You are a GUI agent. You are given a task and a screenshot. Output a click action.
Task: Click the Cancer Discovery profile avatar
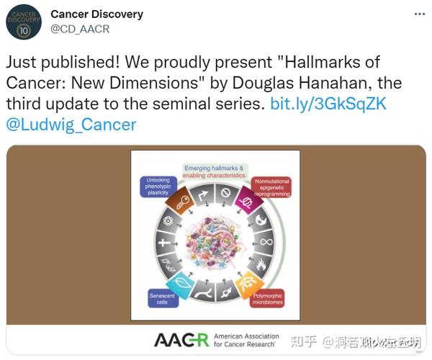[24, 22]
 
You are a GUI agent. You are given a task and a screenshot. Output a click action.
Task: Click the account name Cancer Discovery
[96, 14]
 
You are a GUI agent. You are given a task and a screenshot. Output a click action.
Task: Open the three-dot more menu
[419, 14]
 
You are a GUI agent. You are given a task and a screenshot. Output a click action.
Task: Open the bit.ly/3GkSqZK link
[328, 104]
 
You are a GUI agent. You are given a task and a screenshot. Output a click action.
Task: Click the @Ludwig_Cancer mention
[71, 125]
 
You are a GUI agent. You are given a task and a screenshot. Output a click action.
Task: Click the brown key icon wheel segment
[184, 202]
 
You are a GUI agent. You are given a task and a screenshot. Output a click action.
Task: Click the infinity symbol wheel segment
[266, 242]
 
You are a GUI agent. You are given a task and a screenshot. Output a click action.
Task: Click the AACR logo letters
[181, 339]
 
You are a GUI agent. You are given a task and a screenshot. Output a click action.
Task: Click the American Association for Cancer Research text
[244, 339]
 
